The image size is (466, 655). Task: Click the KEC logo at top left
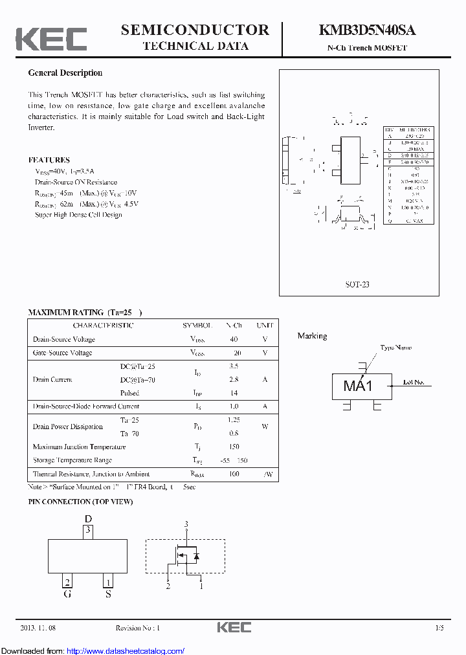(51, 39)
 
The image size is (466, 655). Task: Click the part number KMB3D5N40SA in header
(366, 30)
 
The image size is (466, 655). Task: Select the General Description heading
(65, 73)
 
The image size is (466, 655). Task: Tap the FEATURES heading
(49, 160)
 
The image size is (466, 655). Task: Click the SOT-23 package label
(357, 284)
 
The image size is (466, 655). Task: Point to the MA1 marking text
(358, 386)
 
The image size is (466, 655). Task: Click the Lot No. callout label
(414, 383)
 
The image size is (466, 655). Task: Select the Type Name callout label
(395, 348)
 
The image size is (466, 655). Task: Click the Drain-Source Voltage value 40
(234, 339)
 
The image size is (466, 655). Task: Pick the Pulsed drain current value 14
(234, 393)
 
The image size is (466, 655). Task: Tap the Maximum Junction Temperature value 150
(234, 447)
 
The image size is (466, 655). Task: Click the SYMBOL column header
(197, 326)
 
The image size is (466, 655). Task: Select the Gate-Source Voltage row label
(62, 353)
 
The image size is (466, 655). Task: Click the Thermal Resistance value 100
(234, 474)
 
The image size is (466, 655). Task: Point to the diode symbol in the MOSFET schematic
(197, 556)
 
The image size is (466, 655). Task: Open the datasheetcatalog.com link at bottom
(126, 651)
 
